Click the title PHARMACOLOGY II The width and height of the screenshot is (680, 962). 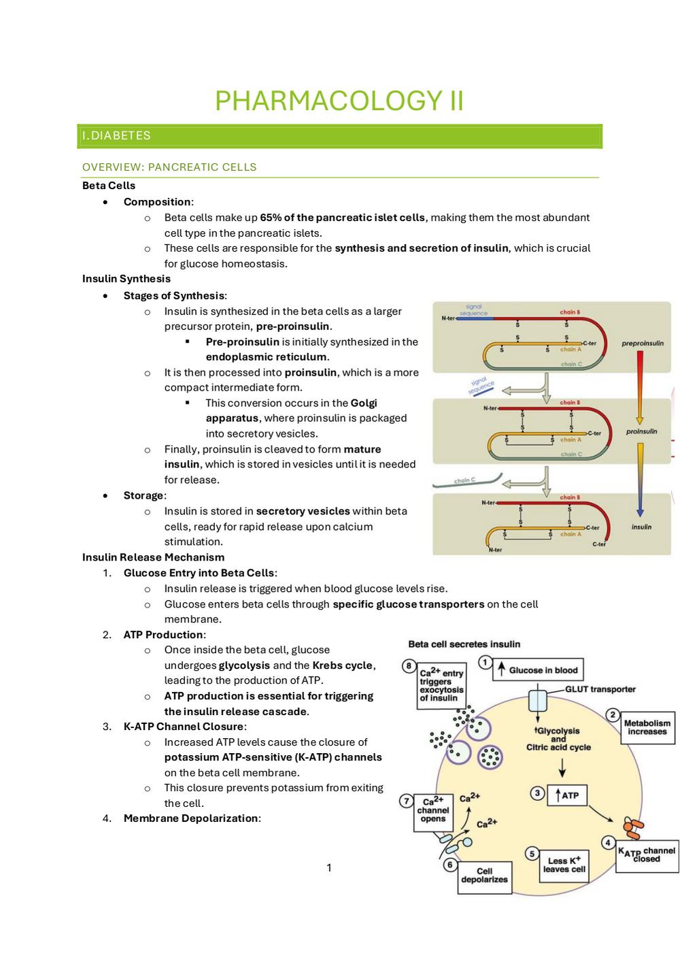339,101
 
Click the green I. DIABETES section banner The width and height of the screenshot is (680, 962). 339,136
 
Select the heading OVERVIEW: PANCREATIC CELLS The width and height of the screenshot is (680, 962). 169,167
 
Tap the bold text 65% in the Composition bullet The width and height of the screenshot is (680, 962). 271,218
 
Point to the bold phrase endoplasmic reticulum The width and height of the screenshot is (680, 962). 266,357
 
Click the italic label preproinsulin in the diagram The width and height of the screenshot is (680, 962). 642,344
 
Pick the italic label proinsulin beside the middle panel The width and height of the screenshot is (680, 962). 641,431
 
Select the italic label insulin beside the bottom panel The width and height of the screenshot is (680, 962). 641,527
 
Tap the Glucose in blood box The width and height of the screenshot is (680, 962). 537,670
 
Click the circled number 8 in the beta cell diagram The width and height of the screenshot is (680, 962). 409,666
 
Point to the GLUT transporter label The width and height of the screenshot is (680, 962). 600,689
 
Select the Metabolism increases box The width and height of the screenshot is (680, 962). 647,727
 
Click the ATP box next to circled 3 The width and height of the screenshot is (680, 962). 566,795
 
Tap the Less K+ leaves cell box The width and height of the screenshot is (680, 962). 564,865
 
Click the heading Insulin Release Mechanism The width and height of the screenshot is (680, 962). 153,557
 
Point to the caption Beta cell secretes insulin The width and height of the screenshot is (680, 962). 464,644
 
